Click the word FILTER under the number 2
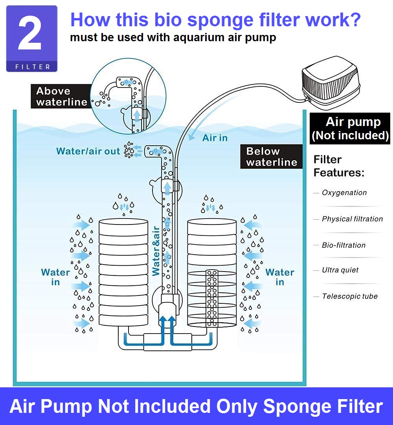click(32, 67)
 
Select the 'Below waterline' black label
click(272, 157)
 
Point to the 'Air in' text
click(215, 138)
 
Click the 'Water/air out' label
click(88, 151)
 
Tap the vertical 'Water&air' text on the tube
click(156, 251)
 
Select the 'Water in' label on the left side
click(55, 277)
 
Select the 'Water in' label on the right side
click(280, 277)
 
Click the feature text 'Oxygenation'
click(344, 193)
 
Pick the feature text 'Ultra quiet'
click(340, 270)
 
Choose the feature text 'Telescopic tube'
click(350, 296)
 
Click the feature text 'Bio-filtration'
click(343, 245)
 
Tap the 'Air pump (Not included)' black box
click(350, 128)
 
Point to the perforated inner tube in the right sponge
click(212, 298)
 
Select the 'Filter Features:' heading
click(339, 166)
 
